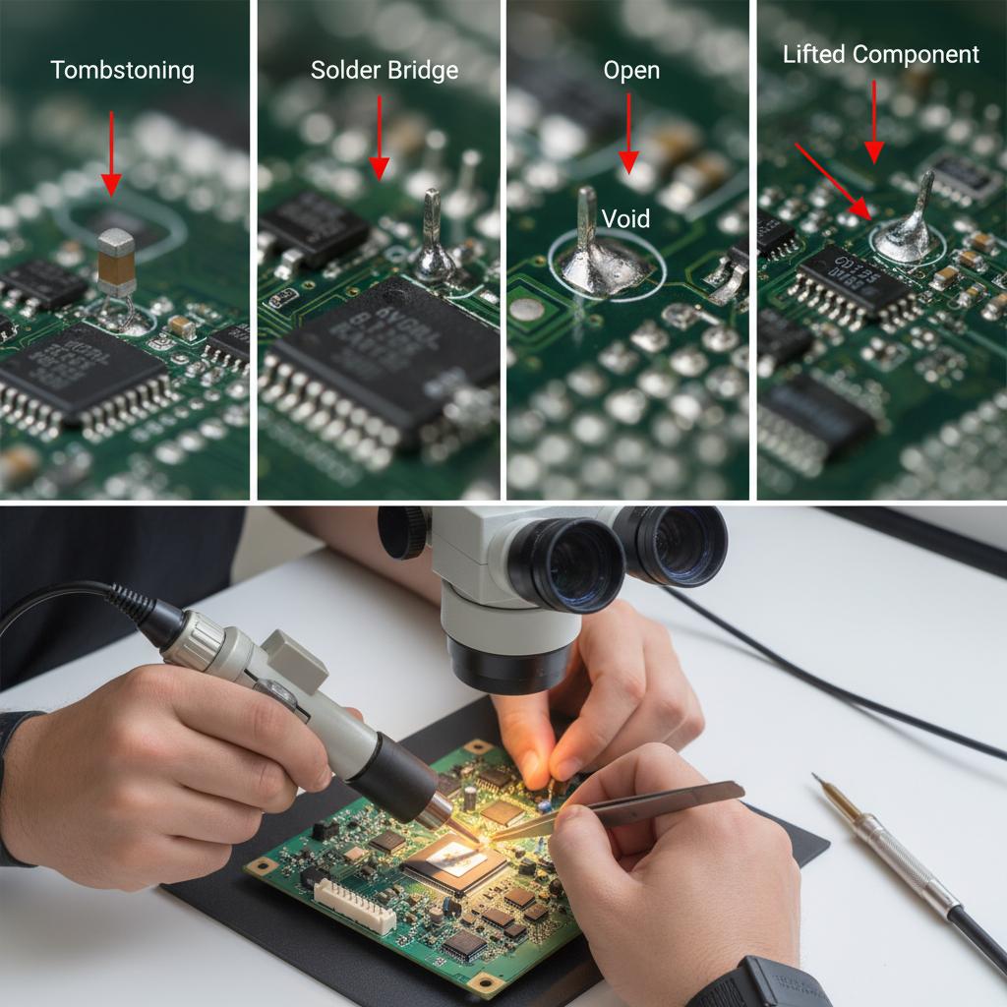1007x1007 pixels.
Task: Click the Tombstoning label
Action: pos(122,71)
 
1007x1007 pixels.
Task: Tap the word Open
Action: pos(631,71)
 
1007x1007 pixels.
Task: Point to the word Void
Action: pos(625,217)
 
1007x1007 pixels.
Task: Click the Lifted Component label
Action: pos(880,54)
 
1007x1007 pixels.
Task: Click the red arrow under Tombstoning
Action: pos(111,152)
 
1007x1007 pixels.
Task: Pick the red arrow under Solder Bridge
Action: pos(379,138)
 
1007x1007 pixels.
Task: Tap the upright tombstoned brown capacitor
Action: pos(116,262)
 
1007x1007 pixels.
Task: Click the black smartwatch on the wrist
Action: pos(762,983)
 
